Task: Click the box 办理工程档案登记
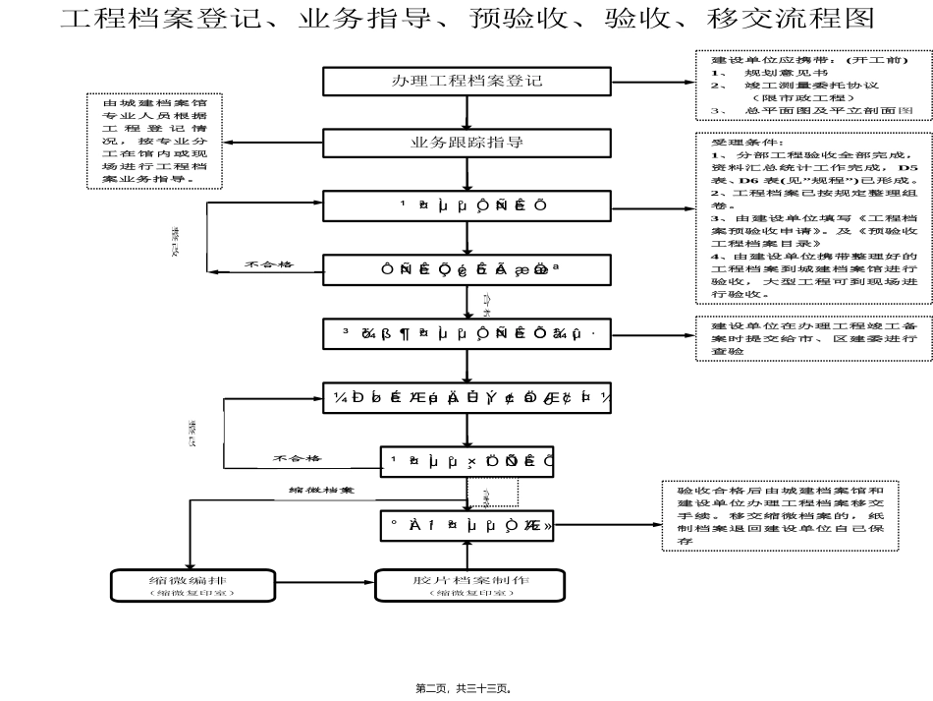tap(466, 81)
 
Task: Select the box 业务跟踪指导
tap(466, 143)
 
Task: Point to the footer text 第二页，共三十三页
tap(466, 689)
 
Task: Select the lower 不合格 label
tap(297, 458)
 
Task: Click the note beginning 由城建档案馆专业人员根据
tap(154, 142)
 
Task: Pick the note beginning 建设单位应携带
tap(809, 87)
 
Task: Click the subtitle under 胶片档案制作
tap(470, 593)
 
